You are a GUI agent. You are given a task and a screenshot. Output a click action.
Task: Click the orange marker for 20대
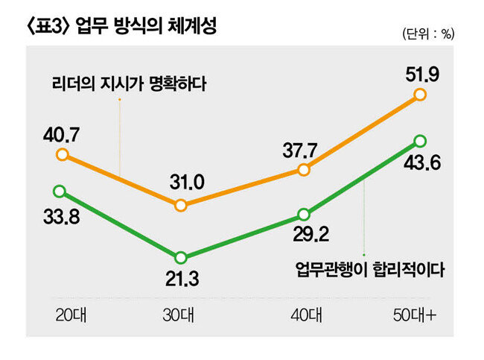[63, 155]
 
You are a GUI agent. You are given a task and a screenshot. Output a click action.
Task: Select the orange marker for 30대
[181, 204]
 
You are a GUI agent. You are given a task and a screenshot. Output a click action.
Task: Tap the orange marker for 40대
[304, 170]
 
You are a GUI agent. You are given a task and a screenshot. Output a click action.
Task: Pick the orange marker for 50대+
[419, 94]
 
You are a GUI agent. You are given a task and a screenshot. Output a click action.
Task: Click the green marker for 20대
[60, 191]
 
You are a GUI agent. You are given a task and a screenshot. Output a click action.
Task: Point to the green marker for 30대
[181, 257]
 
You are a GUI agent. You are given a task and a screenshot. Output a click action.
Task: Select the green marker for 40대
[304, 213]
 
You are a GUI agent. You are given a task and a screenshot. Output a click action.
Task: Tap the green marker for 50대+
[419, 140]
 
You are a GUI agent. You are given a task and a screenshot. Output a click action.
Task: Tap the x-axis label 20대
[71, 315]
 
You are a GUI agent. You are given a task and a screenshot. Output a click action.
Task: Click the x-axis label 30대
[180, 315]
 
